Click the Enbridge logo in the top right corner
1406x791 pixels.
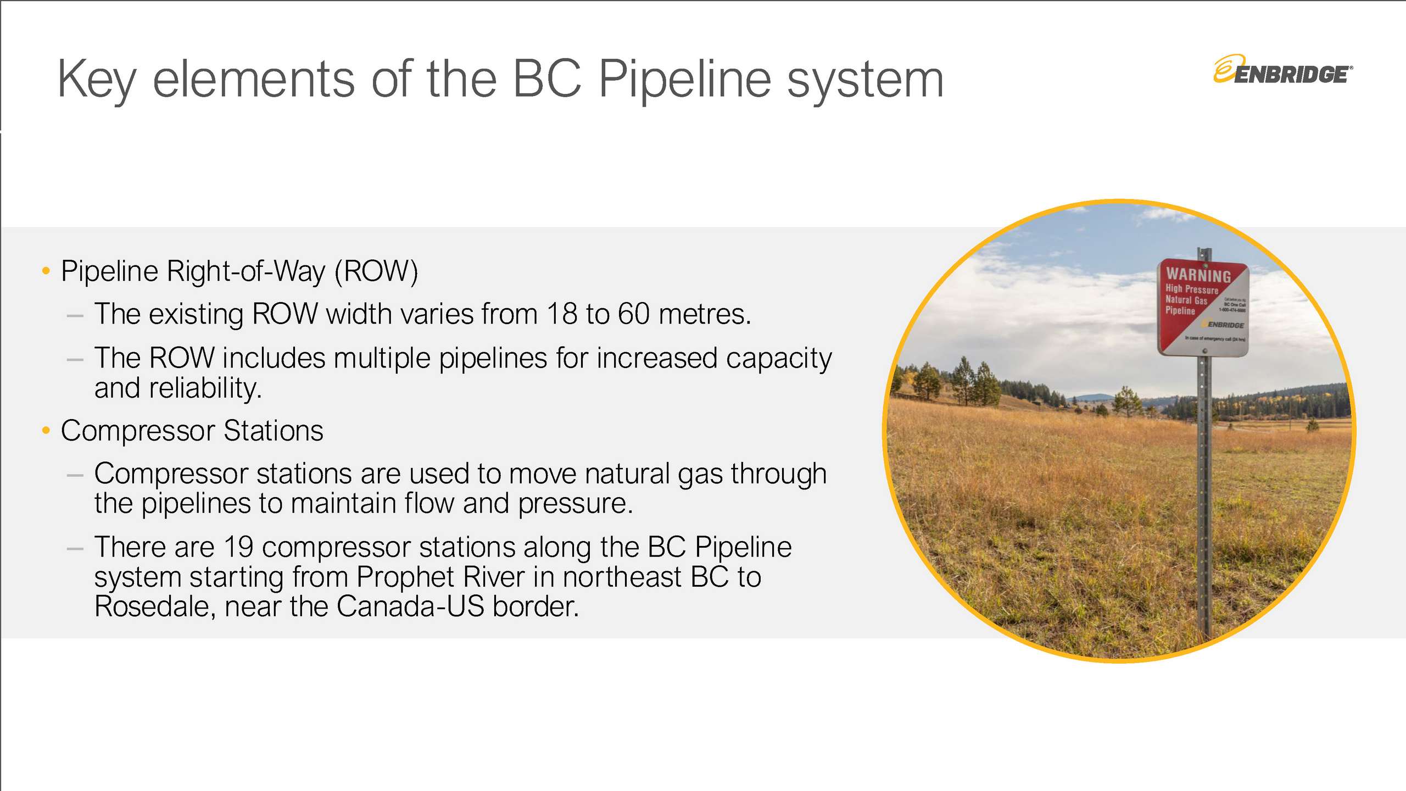1283,71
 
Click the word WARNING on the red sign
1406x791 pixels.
1198,275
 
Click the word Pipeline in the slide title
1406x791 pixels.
685,80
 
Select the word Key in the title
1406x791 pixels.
97,80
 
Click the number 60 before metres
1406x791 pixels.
633,314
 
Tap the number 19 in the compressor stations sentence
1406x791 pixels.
238,547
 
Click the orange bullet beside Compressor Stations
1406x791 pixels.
46,430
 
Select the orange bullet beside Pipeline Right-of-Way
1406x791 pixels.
46,271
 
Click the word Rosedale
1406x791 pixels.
154,606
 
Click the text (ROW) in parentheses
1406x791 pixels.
376,271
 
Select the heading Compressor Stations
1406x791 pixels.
192,431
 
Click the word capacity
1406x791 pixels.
778,358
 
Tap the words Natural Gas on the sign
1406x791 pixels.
1186,300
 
